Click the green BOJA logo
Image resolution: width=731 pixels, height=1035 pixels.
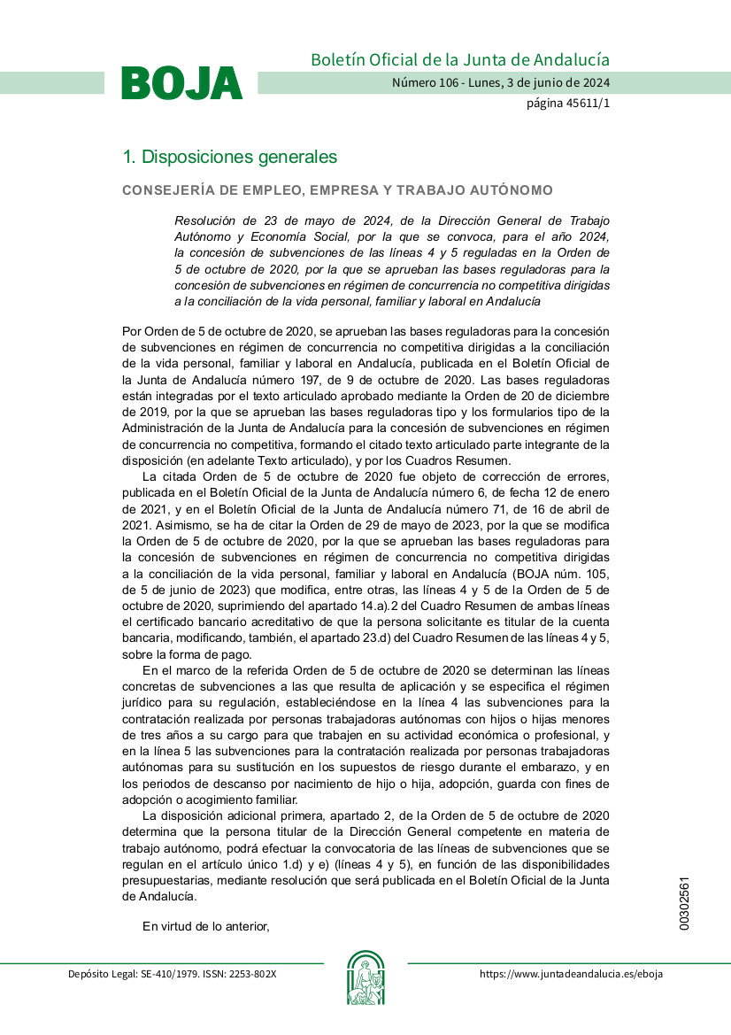[x=181, y=83]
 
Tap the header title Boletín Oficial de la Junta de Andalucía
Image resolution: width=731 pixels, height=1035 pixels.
[x=459, y=60]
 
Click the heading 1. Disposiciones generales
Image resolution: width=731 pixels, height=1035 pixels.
[x=229, y=157]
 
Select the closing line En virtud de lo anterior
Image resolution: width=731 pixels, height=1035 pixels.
[x=205, y=926]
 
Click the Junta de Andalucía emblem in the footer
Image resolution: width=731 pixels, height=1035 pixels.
[x=365, y=978]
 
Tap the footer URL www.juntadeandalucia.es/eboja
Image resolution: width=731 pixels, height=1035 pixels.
[x=571, y=974]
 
